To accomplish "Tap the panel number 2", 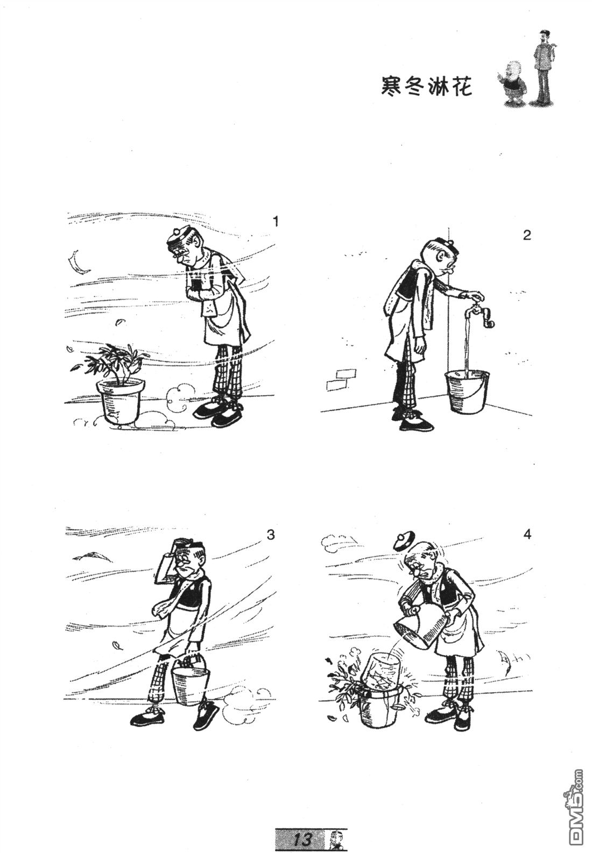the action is point(527,236).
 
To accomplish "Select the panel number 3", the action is point(271,535).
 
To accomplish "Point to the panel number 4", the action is point(527,535).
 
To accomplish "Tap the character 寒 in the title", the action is point(393,87).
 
